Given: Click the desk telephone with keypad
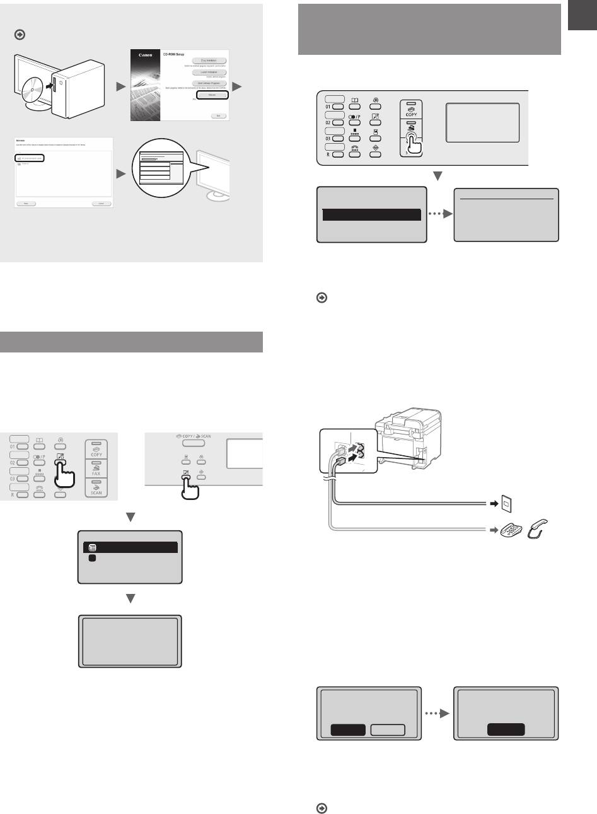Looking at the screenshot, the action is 513,531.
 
